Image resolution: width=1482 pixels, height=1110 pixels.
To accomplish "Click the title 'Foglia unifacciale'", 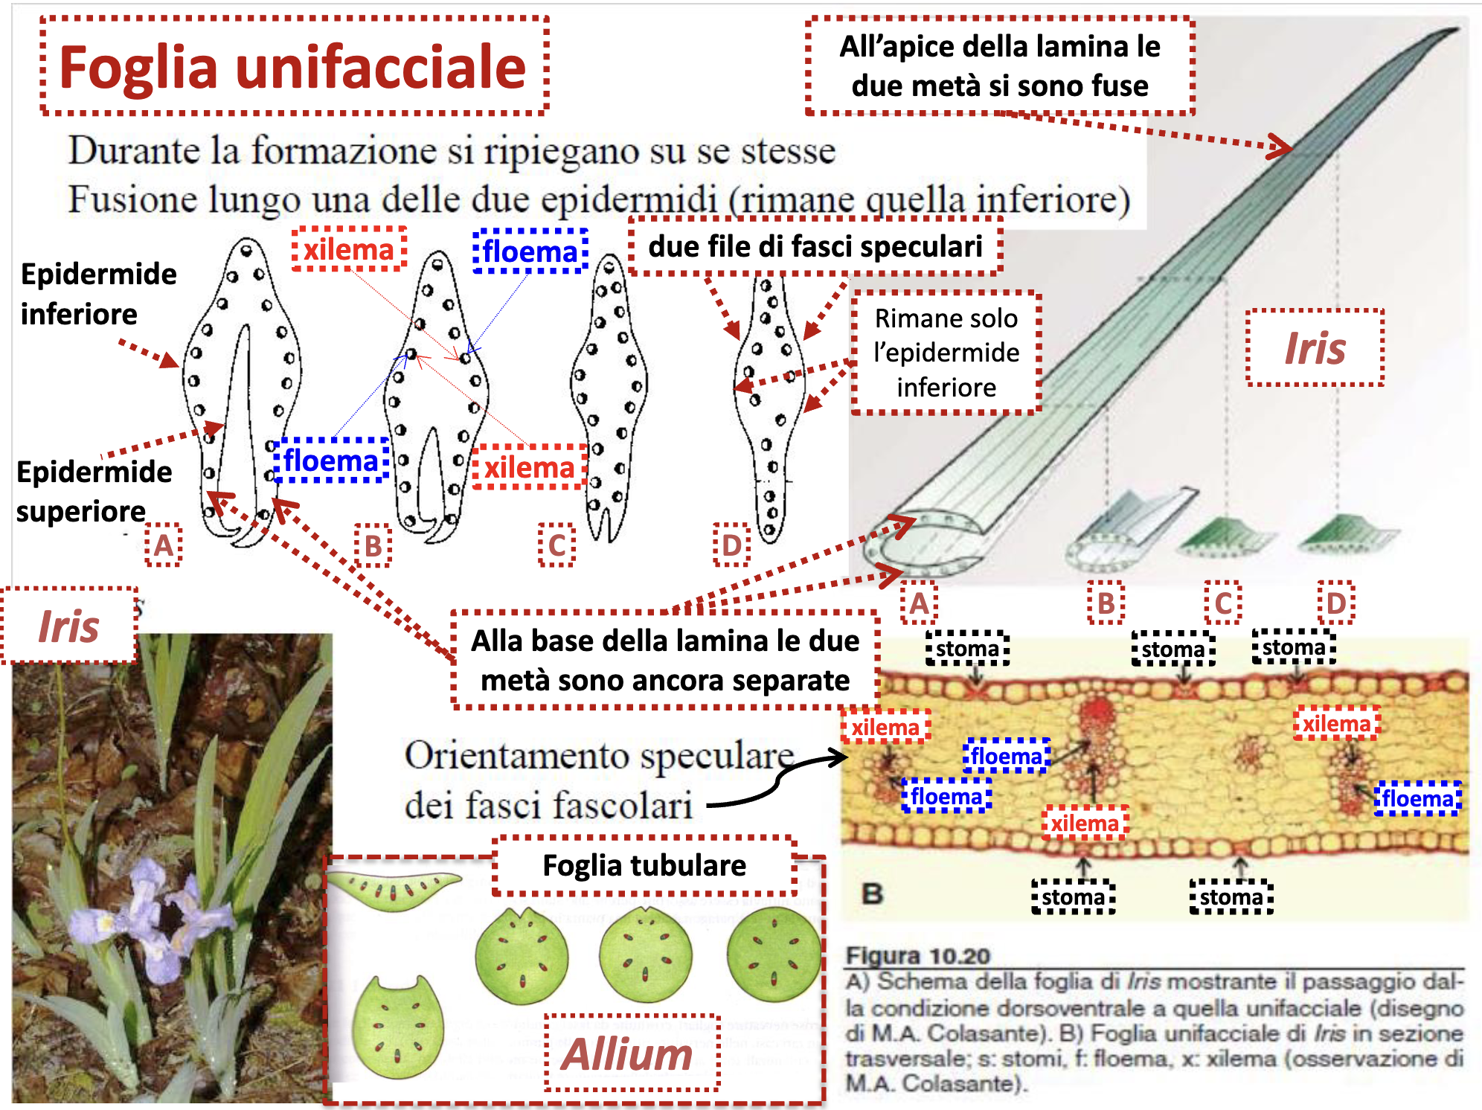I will tap(293, 67).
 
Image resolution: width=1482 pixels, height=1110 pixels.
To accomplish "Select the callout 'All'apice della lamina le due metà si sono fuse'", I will tap(999, 66).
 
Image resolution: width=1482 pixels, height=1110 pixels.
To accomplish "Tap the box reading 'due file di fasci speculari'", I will tap(815, 246).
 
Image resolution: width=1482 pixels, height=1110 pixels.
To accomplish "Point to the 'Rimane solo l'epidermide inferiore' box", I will tap(946, 353).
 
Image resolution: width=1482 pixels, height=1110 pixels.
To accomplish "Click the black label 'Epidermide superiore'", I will tap(94, 491).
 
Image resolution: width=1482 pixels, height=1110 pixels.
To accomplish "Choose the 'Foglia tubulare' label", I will tap(644, 865).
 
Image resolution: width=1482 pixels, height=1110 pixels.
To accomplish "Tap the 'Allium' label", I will tap(628, 1054).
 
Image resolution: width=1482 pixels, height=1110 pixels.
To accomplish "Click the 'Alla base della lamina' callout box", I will tap(664, 661).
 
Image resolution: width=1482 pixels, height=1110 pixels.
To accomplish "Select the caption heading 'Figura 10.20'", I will tap(918, 955).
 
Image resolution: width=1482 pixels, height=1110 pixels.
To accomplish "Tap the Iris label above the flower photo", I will tap(68, 626).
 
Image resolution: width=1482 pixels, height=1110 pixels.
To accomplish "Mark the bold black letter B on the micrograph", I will tap(872, 893).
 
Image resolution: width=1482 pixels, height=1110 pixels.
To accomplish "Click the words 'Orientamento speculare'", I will tap(599, 757).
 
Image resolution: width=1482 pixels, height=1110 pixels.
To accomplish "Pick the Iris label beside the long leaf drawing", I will tap(1315, 348).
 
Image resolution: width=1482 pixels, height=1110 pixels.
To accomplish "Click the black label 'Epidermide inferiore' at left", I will tap(97, 294).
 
